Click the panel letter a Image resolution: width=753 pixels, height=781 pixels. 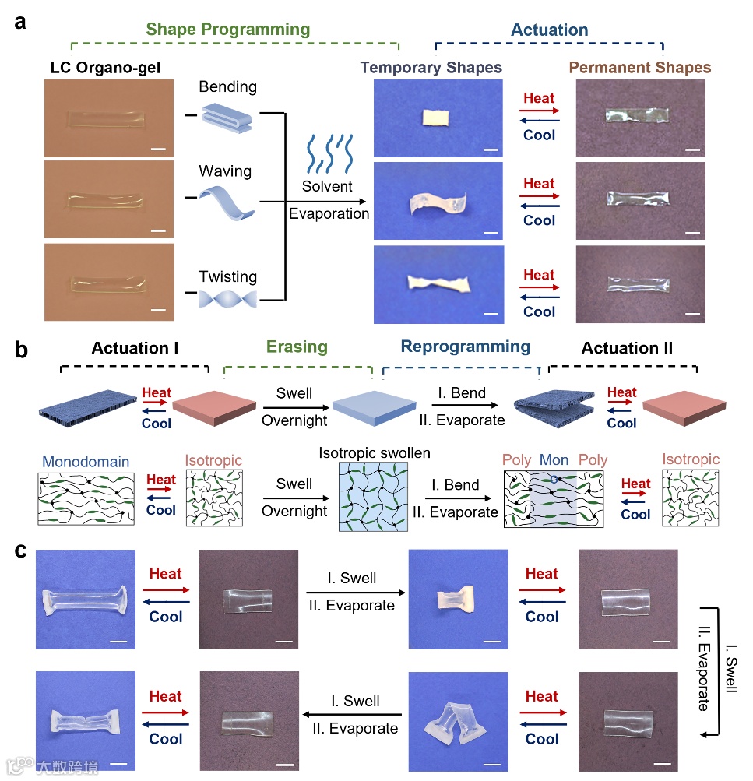click(x=21, y=22)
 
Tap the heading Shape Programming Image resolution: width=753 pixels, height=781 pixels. click(x=227, y=30)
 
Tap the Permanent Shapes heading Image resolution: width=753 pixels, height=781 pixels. click(x=640, y=68)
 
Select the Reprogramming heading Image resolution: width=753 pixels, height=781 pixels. click(x=466, y=347)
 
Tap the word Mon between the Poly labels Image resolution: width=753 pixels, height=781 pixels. click(x=554, y=459)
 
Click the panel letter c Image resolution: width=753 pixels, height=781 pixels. click(x=22, y=551)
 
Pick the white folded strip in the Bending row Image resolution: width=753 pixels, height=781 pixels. click(x=431, y=118)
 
